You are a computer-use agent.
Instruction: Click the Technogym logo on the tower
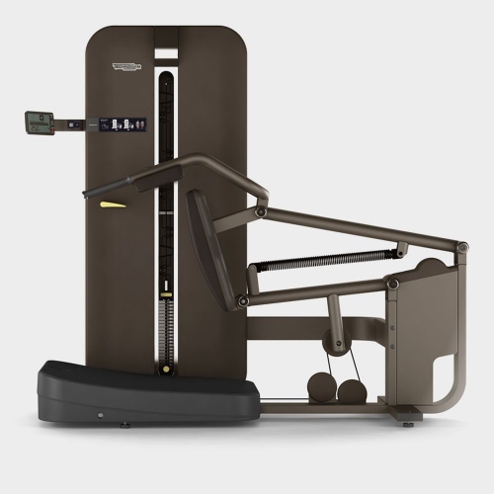pos(127,67)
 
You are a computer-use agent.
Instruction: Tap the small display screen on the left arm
pos(39,123)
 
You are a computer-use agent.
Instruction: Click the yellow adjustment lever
pos(113,206)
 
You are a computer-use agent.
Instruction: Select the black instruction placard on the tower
pos(127,125)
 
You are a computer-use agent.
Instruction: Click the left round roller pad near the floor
pos(323,387)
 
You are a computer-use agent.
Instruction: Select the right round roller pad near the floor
pos(350,388)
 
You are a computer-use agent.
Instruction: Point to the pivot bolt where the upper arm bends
pos(261,210)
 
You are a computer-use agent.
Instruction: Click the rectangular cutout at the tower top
pos(167,52)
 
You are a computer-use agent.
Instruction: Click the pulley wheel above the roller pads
pos(340,346)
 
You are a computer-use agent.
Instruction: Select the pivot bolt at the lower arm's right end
pos(392,285)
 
